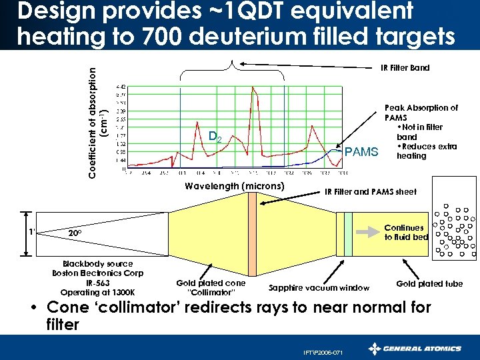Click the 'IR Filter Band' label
405,67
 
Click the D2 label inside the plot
215,137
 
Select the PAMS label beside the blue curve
361,153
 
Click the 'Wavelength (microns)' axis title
235,185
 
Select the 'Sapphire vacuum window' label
319,288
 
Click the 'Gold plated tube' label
429,284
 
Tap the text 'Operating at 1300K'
97,292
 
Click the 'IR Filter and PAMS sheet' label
370,191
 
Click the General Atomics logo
415,348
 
